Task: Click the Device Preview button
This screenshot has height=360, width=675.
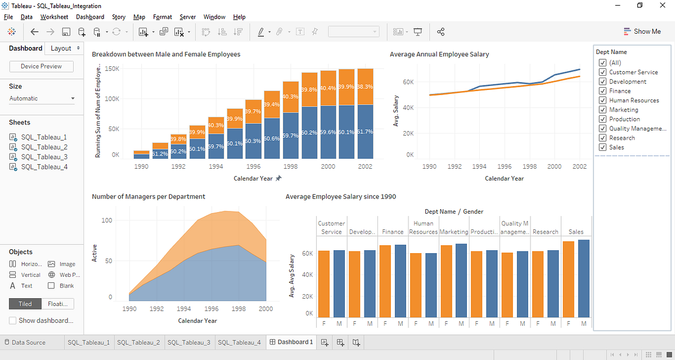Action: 42,66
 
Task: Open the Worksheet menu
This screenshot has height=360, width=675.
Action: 54,17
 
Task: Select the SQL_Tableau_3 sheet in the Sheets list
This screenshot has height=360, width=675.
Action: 44,157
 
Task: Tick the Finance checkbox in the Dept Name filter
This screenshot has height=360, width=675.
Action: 603,91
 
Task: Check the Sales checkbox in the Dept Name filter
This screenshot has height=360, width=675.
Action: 603,147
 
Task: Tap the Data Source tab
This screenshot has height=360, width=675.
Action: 28,342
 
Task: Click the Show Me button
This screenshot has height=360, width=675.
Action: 642,31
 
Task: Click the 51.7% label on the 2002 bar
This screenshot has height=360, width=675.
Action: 364,131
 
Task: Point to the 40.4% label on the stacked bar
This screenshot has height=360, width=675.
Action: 328,88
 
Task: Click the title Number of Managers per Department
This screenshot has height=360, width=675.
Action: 148,196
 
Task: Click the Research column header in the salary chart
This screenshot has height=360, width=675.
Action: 545,232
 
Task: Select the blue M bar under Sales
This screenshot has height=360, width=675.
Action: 583,278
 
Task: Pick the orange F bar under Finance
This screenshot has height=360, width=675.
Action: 385,281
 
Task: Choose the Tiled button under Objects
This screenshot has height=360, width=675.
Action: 25,304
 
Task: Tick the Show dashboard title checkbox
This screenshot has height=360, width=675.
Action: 13,321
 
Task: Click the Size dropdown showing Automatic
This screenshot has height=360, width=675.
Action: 42,98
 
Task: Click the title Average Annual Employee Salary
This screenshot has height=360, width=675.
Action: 439,55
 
